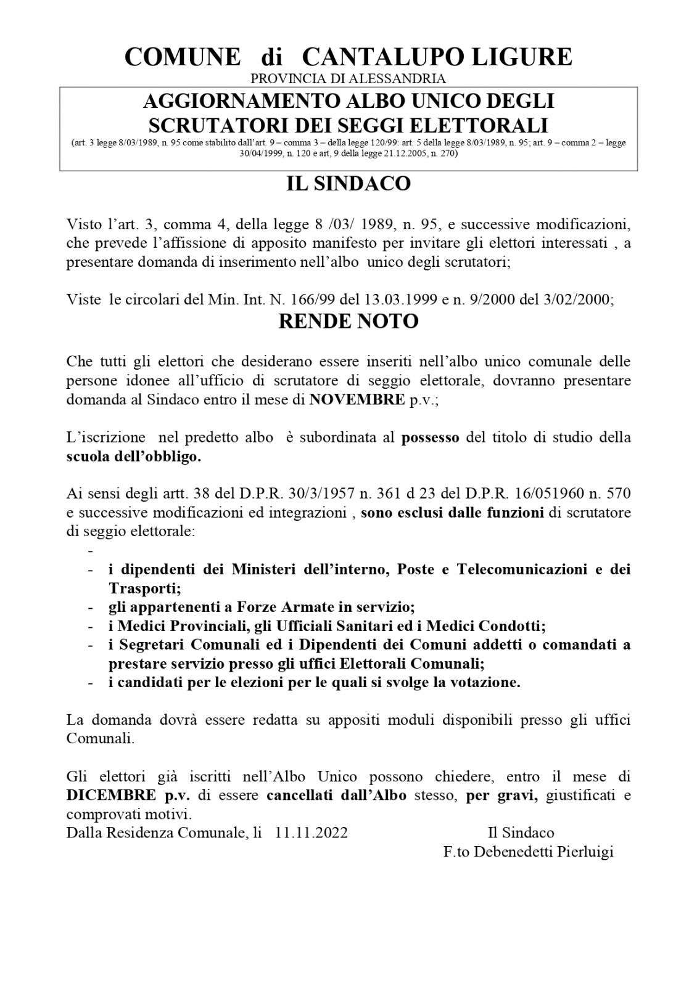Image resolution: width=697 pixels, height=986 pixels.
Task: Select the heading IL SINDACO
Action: click(348, 184)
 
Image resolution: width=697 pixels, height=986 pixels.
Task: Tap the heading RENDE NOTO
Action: click(348, 321)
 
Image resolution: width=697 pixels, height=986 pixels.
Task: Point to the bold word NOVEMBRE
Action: click(356, 399)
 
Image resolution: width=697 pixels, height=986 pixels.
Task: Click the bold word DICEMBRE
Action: click(103, 794)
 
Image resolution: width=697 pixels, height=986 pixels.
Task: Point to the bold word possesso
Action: click(431, 438)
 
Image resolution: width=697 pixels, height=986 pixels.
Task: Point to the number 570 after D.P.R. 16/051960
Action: click(618, 493)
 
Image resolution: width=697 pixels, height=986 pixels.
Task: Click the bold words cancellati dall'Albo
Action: click(336, 794)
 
